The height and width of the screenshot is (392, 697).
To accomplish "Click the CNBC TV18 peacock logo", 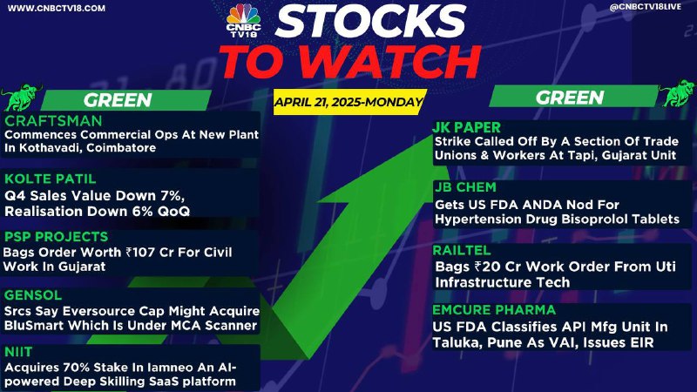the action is [244, 20].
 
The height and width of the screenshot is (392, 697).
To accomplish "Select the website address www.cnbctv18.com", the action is [57, 9].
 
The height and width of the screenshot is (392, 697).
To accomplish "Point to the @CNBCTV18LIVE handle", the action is [645, 8].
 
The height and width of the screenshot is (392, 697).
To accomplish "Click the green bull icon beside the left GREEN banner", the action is [20, 97].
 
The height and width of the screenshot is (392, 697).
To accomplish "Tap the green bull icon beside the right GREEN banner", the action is [678, 93].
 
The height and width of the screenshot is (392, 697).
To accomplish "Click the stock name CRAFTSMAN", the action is [53, 121].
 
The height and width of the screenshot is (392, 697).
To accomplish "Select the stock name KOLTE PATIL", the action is [51, 179].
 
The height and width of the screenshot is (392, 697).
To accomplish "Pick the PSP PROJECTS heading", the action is [56, 236].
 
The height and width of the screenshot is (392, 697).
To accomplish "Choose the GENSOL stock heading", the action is [33, 295].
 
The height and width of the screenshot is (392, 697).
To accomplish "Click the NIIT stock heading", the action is [18, 352].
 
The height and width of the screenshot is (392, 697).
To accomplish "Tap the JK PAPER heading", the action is [467, 127].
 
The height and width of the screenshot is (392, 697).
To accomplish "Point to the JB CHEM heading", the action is [465, 187].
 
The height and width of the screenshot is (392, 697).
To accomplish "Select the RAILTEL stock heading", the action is [462, 250].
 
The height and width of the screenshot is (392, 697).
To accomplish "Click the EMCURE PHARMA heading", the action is [494, 310].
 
